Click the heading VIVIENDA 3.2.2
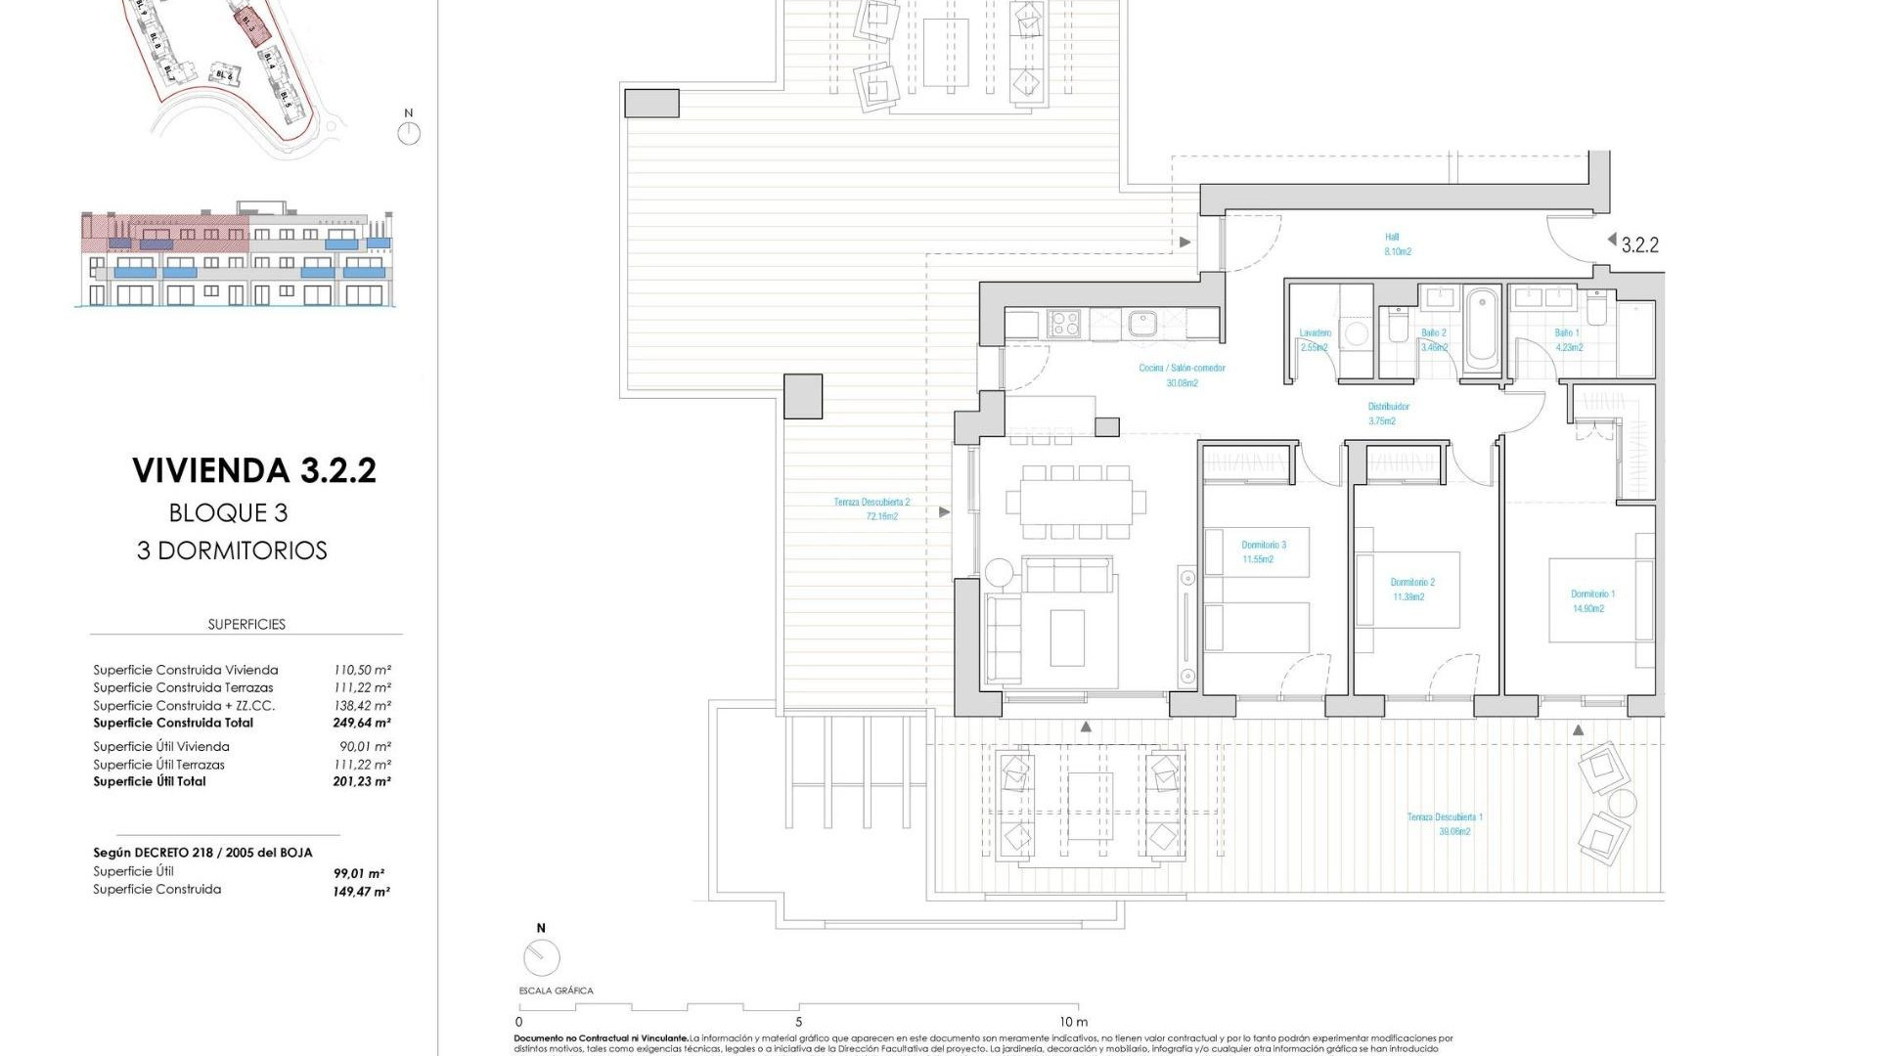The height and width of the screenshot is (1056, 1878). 254,470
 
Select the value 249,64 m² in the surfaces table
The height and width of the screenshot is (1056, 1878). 361,724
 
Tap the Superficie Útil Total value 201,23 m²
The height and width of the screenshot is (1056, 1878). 361,782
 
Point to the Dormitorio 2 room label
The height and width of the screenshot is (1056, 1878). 1412,589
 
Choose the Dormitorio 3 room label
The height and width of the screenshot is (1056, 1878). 1263,551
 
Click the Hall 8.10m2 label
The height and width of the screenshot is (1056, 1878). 1396,244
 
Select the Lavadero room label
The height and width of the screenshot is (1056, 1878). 1315,339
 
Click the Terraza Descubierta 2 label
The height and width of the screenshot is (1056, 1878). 872,508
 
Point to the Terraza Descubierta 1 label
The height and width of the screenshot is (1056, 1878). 1445,823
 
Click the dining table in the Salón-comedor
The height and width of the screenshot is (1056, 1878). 1077,502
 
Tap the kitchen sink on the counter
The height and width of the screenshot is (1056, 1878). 1141,323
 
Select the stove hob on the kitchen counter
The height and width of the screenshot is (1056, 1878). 1063,323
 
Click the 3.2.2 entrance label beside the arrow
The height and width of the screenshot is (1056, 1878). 1639,245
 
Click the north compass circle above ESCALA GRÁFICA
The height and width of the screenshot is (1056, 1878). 541,957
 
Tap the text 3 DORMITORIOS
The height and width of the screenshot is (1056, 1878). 232,550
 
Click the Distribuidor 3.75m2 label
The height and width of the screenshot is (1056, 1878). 1388,414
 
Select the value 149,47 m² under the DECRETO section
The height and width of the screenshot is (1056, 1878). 361,892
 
